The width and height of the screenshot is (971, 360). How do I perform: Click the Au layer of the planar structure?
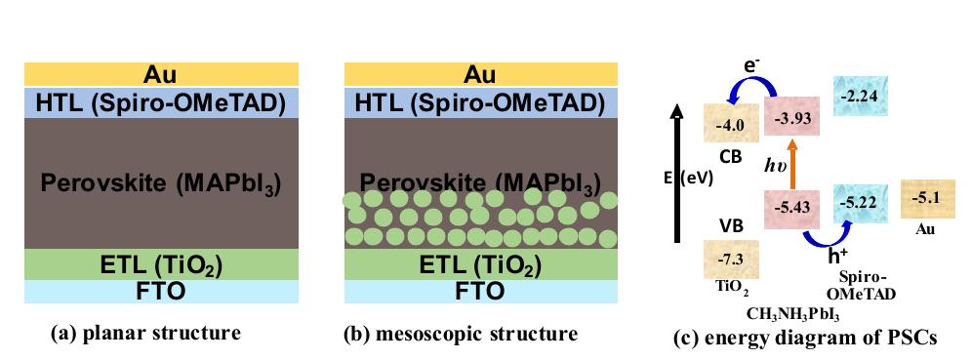160,73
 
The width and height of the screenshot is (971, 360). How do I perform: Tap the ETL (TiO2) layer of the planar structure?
160,262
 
